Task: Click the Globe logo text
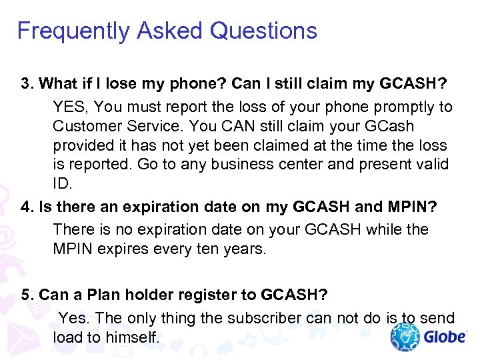(444, 336)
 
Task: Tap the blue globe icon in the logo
(404, 337)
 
